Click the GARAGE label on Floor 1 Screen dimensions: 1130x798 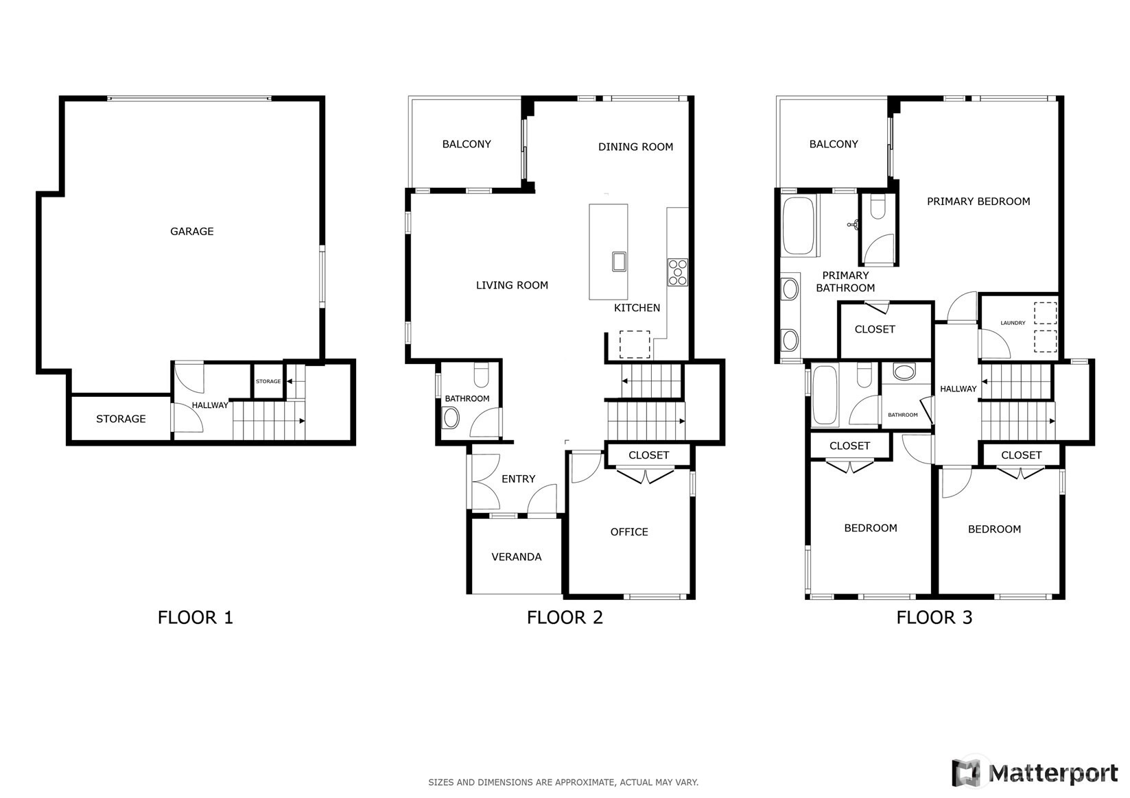tap(191, 232)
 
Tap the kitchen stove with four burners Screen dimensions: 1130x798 tap(677, 272)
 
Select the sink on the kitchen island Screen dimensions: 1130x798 tap(619, 262)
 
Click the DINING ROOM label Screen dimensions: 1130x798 tap(635, 147)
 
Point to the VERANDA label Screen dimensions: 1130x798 tap(517, 557)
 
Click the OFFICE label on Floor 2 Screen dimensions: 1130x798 tap(629, 532)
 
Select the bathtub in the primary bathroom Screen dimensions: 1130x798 tap(798, 226)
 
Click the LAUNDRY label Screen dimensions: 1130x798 tap(1013, 323)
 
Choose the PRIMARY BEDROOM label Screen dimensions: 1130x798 tap(978, 202)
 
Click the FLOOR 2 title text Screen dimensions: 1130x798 tap(565, 618)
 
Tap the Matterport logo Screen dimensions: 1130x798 tap(1035, 773)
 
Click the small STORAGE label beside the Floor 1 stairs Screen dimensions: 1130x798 tap(268, 381)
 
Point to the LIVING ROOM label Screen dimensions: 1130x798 tap(512, 285)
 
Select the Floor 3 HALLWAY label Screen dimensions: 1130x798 tap(958, 389)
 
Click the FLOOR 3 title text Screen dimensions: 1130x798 tap(934, 618)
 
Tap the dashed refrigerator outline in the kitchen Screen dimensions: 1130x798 tap(635, 344)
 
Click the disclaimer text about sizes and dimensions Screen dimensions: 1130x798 tap(563, 782)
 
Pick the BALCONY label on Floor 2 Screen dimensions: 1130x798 tap(467, 144)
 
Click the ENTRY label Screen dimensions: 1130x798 tap(519, 479)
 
